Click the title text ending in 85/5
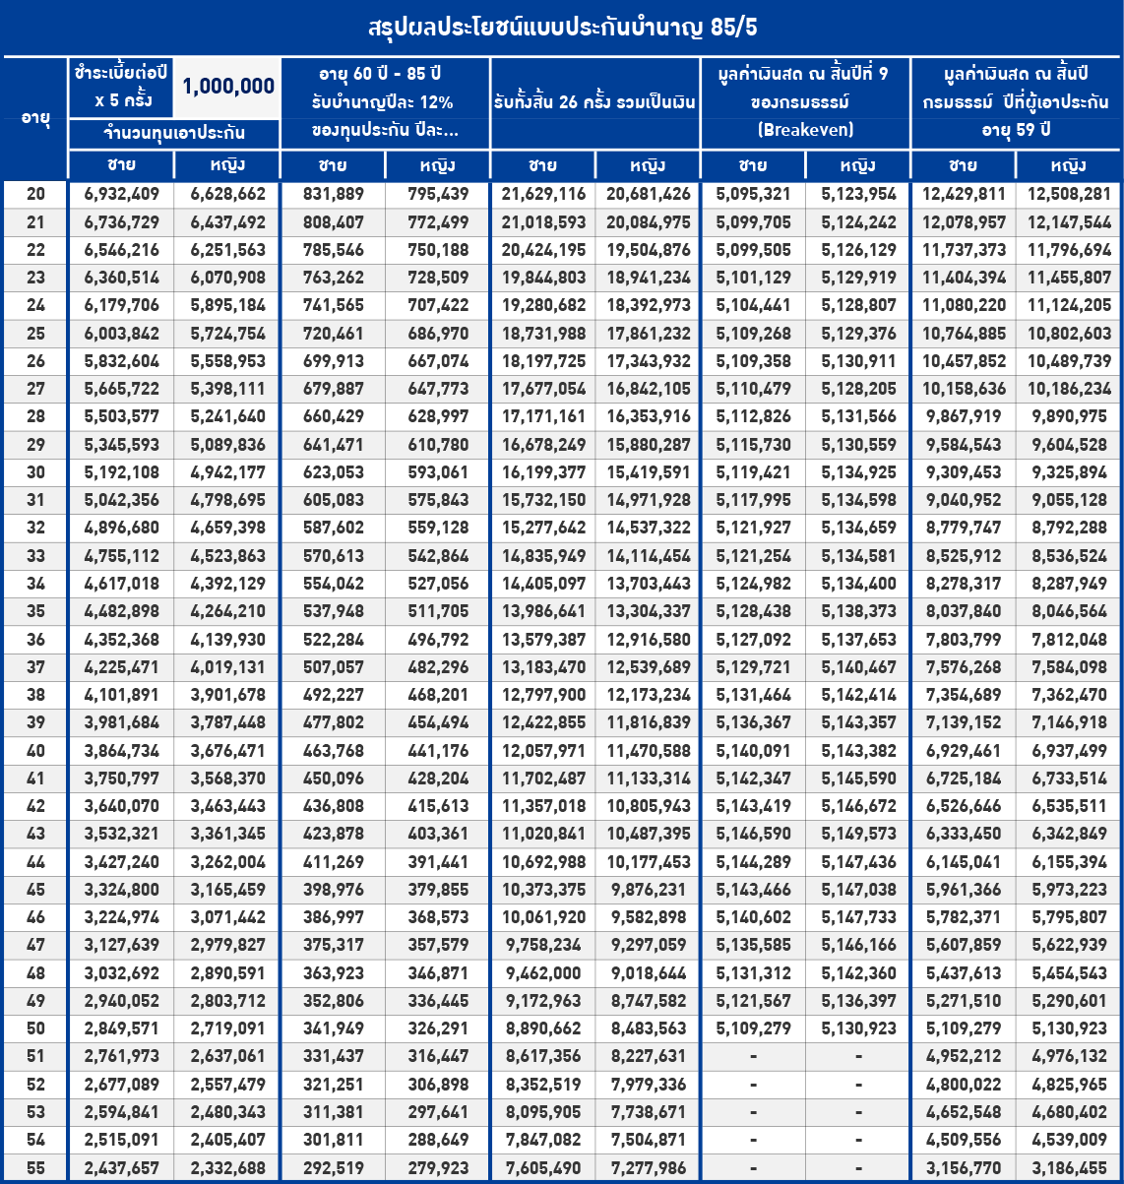562,27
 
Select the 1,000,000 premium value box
227,87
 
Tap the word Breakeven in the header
805,130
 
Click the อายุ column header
34,117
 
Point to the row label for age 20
35,195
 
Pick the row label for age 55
35,1168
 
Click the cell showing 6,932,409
122,195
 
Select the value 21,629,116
542,195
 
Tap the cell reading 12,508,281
1068,195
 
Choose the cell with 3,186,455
1068,1168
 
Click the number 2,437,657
122,1168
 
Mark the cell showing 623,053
333,472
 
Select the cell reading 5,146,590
753,835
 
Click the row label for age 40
35,751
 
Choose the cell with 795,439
438,195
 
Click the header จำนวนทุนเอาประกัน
174,133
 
